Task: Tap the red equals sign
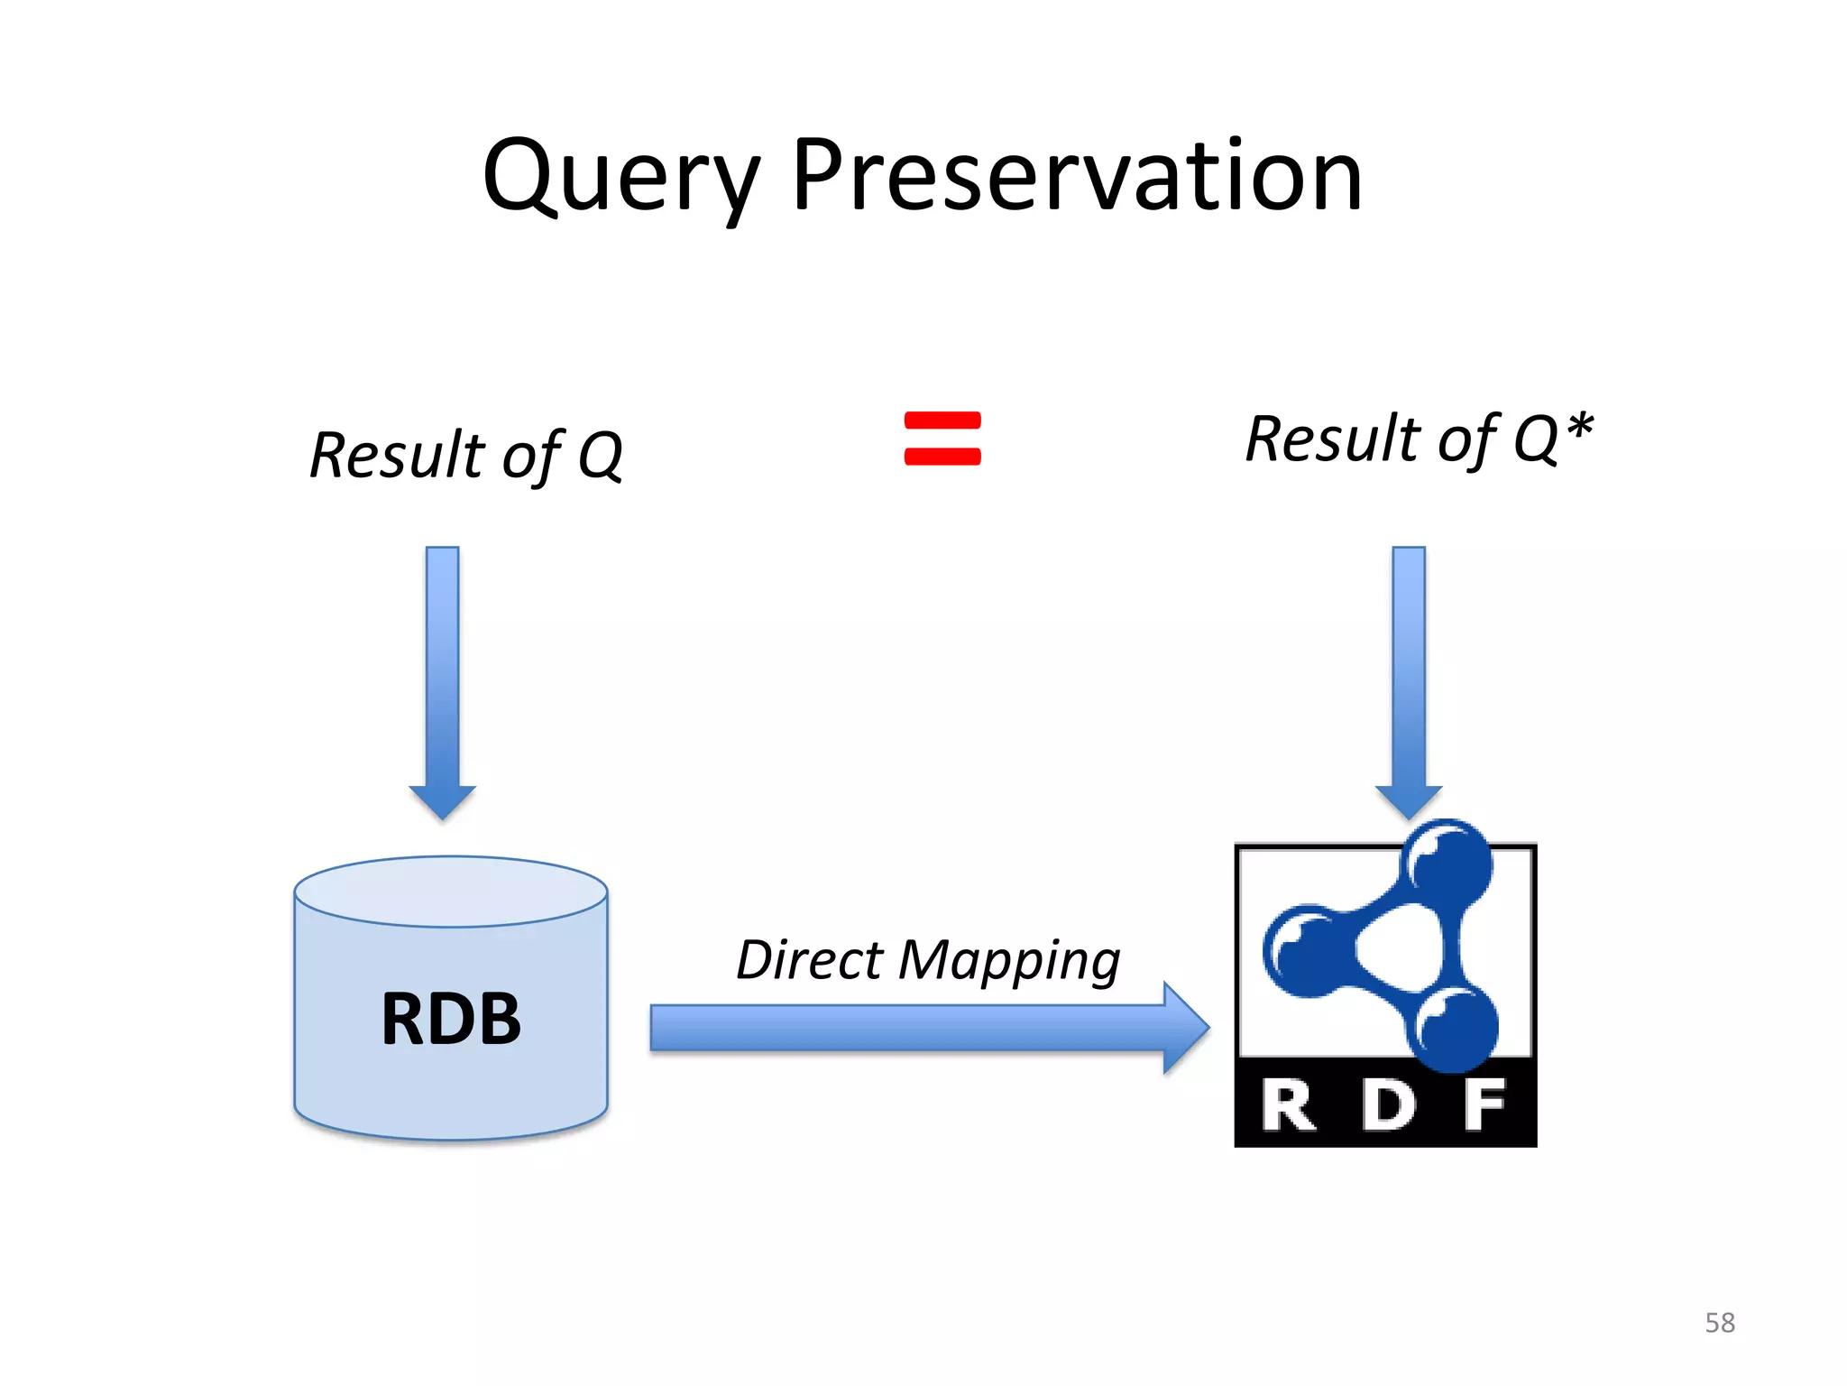[x=942, y=439]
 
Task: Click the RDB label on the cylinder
[x=451, y=1019]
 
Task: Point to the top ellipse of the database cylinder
[x=451, y=892]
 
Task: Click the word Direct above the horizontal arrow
[x=808, y=960]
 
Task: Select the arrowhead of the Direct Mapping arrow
[x=1185, y=1028]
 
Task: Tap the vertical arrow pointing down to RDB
[x=443, y=677]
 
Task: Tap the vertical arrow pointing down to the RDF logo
[x=1409, y=677]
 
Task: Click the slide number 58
[x=1719, y=1323]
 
